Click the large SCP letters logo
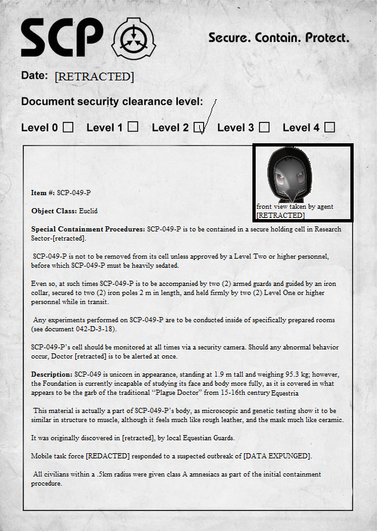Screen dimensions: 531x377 [x=62, y=37]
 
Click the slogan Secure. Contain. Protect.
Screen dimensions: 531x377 [x=278, y=37]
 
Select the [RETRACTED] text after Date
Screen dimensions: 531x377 [x=94, y=77]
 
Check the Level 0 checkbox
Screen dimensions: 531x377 [x=67, y=127]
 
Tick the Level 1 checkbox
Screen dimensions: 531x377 [x=132, y=127]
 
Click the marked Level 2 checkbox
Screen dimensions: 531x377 [x=199, y=128]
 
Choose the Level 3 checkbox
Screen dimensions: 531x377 [x=264, y=127]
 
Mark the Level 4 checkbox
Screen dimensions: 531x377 [x=330, y=127]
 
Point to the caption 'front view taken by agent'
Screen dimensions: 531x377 [x=295, y=207]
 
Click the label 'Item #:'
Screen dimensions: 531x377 [x=43, y=193]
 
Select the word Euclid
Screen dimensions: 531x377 [x=88, y=211]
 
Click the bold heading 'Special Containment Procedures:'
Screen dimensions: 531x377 [x=88, y=229]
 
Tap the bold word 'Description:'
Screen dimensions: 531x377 [x=52, y=374]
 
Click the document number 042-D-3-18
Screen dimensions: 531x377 [x=89, y=329]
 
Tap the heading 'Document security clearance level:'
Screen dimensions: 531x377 [x=112, y=102]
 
